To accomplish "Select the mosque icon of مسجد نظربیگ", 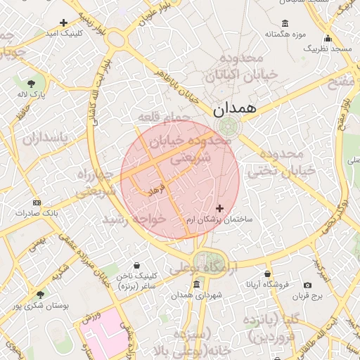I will pyautogui.click(x=328, y=39).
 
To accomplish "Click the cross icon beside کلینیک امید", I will pyautogui.click(x=64, y=22).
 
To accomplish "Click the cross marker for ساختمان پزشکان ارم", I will pyautogui.click(x=221, y=208).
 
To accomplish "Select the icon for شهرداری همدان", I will pyautogui.click(x=195, y=285).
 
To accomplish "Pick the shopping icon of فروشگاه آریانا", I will pyautogui.click(x=267, y=274).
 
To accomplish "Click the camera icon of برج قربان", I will pyautogui.click(x=307, y=285).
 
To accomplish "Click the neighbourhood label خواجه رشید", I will pyautogui.click(x=134, y=219).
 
